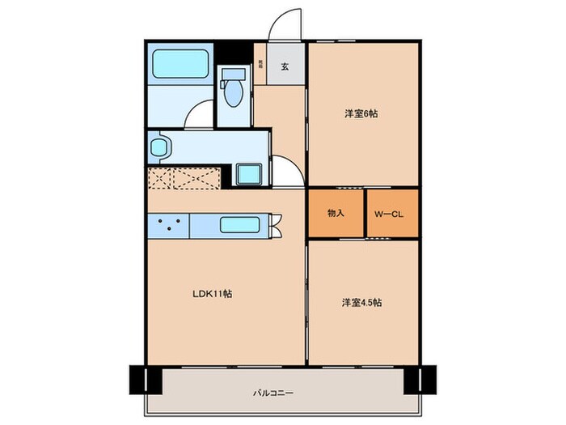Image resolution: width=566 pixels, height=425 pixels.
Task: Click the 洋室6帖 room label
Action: coord(361,114)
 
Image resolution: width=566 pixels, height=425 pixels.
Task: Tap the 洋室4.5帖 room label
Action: coord(361,303)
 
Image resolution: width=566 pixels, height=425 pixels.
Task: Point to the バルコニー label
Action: coord(272,393)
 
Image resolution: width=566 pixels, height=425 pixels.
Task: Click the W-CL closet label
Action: coord(392,214)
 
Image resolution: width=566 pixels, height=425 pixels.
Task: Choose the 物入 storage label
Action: coord(336,214)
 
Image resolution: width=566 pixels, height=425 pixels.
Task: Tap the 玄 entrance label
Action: coord(285,67)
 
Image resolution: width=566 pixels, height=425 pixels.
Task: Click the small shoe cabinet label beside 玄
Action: coord(260,64)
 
